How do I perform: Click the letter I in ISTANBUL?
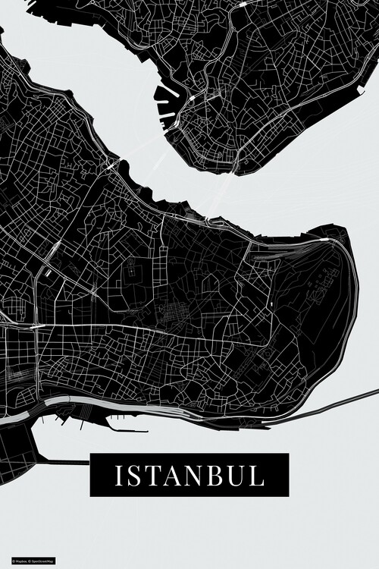click(119, 476)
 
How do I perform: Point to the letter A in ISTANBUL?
click(170, 476)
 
